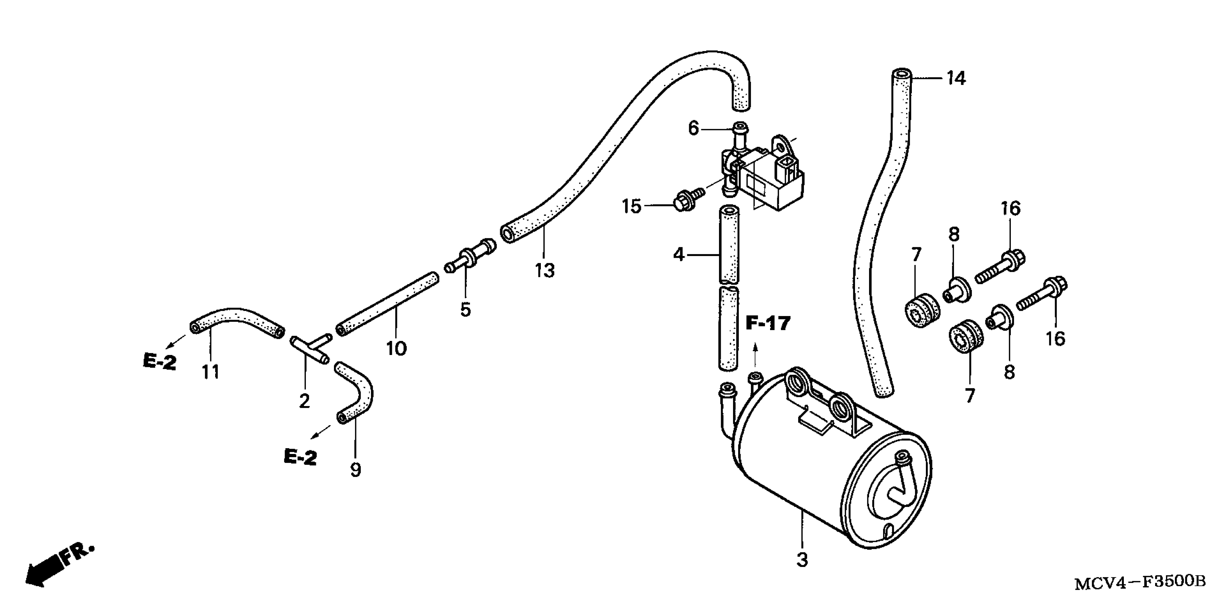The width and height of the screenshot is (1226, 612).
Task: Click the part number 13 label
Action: tap(544, 270)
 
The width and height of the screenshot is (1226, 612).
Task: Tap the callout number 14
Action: tap(956, 78)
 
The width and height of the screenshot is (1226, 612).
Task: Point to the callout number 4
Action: tap(679, 255)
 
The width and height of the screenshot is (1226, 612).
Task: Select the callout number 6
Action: tap(693, 128)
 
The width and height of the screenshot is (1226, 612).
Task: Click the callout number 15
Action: tap(632, 207)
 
